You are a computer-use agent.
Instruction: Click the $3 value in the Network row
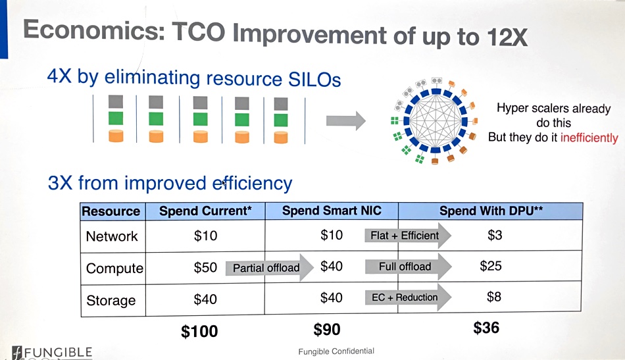coord(495,235)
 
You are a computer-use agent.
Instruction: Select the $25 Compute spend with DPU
coord(491,266)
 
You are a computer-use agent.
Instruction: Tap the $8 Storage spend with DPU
coord(494,297)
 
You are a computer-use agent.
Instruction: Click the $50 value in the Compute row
coord(205,267)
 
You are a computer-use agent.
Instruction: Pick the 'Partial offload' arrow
coord(270,267)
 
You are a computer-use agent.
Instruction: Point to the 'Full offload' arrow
coord(408,267)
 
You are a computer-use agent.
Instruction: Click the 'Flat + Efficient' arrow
coord(408,236)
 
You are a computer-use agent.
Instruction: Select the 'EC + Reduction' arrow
coord(408,297)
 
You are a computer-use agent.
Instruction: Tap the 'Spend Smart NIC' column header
coord(332,211)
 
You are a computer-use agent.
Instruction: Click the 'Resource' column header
coord(111,211)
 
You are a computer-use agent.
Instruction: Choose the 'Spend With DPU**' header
coord(491,211)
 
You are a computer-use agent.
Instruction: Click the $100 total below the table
coord(199,331)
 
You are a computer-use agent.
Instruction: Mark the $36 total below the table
coord(486,328)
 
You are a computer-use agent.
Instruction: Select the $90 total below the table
coord(327,330)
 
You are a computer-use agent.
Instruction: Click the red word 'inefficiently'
coord(589,138)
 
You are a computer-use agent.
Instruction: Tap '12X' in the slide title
coord(507,37)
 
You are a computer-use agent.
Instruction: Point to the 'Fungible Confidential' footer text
coord(336,351)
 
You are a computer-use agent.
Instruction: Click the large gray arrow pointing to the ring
coord(346,120)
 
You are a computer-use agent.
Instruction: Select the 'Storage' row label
coord(111,301)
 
